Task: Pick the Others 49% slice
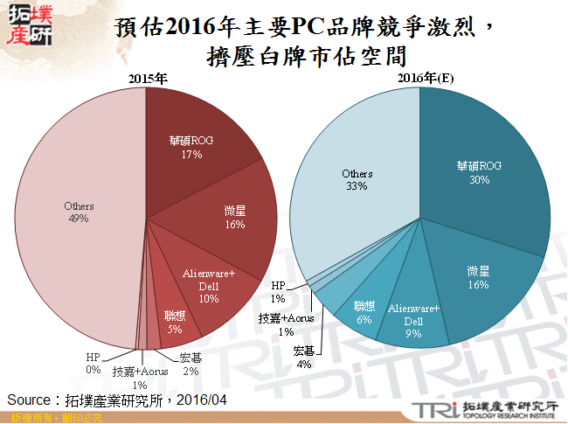coord(79,212)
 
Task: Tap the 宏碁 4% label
coord(304,357)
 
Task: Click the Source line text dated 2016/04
coord(118,400)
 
